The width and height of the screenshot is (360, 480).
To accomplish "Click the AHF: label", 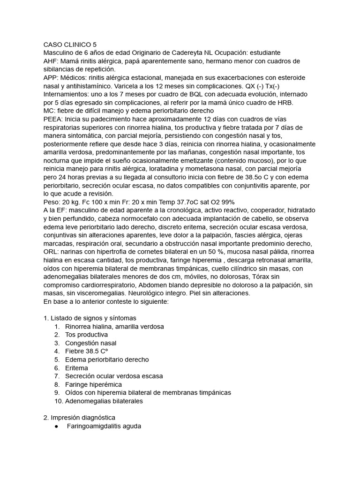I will pos(51,61).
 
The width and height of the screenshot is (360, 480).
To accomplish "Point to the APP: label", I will pos(51,78).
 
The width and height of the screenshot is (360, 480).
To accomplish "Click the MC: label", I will pos(50,111).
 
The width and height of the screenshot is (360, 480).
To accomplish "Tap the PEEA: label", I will pos(53,119).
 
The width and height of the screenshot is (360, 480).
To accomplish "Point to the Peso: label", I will pos(52,201).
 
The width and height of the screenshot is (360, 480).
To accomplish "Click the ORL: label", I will pos(51,252).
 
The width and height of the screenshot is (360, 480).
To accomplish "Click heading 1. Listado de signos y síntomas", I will pos(90,318).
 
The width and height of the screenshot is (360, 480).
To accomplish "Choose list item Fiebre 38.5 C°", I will pos(87,351).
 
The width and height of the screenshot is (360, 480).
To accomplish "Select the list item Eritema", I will pos(76,368).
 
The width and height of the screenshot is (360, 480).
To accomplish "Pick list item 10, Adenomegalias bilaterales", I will pos(104,401).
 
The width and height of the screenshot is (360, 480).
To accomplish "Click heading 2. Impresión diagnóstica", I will pos(79,417).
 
